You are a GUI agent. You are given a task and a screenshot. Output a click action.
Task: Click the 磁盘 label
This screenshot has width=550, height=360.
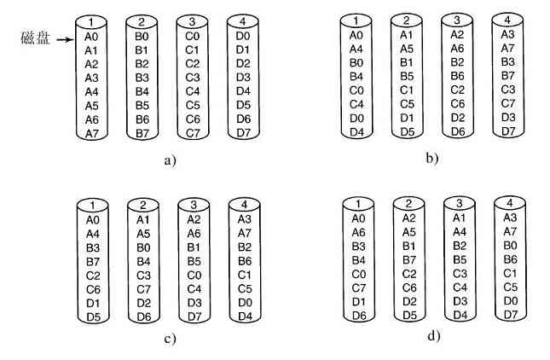point(32,36)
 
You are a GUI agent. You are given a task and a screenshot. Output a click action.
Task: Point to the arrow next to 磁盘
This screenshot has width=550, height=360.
point(59,37)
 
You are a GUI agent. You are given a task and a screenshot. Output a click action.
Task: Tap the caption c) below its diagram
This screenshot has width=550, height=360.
point(170,339)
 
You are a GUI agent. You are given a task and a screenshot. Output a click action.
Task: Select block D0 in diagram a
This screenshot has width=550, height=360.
point(243,37)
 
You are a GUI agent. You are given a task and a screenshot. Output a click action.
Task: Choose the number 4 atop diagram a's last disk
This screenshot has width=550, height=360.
point(243,20)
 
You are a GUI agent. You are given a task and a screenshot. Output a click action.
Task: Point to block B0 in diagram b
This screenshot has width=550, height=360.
point(357,61)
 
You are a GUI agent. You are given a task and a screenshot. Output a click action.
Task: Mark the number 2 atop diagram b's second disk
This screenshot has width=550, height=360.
point(408,19)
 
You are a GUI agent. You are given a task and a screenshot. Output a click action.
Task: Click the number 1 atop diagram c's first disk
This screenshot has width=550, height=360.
point(91,206)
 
